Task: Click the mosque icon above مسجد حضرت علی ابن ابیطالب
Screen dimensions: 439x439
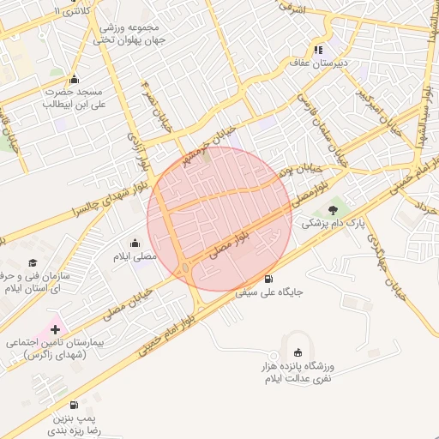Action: (75, 79)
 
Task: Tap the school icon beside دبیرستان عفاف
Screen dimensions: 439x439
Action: (319, 50)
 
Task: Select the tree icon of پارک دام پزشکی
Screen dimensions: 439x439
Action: (333, 209)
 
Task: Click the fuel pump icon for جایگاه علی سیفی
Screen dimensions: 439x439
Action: (270, 280)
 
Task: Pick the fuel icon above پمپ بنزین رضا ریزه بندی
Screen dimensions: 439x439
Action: (74, 405)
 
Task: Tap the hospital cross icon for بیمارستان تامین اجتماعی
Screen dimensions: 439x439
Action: (57, 329)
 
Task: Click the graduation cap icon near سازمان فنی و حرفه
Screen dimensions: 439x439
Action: (33, 263)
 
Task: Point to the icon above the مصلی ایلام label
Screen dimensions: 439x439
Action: (135, 244)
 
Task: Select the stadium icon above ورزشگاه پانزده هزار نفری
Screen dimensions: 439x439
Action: (298, 352)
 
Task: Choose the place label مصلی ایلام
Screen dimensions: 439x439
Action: (135, 256)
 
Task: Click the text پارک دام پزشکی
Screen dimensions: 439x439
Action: (332, 223)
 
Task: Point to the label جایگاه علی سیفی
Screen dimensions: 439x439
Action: (270, 292)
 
